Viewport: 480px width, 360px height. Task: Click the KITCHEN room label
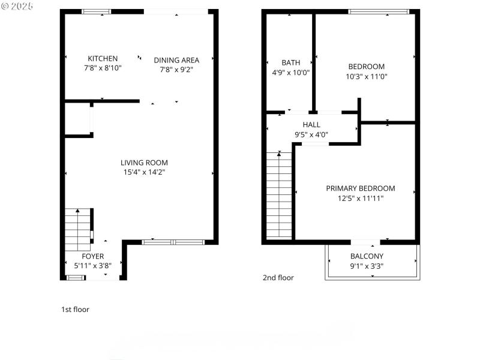pos(103,58)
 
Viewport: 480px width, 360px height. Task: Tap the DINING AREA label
pos(176,59)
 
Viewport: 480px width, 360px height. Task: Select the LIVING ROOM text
pos(144,163)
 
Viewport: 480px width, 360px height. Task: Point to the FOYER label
pos(93,256)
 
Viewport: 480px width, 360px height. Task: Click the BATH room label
pos(291,62)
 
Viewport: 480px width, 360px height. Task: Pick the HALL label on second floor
pos(311,125)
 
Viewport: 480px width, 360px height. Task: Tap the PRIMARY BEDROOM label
pos(361,188)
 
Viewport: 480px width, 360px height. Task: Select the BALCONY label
pos(367,256)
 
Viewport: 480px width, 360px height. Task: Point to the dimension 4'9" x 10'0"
pos(291,73)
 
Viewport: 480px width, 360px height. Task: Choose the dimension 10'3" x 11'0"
pos(366,77)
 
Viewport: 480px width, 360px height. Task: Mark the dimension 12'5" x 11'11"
pos(361,199)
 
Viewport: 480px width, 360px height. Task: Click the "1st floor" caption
pos(75,310)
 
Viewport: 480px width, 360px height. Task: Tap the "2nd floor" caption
pos(278,278)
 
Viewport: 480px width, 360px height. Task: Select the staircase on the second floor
pos(279,195)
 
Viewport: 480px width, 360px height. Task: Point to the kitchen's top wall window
pos(96,11)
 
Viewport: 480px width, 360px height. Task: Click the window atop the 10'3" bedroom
pos(379,11)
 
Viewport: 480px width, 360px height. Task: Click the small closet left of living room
pos(77,119)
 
